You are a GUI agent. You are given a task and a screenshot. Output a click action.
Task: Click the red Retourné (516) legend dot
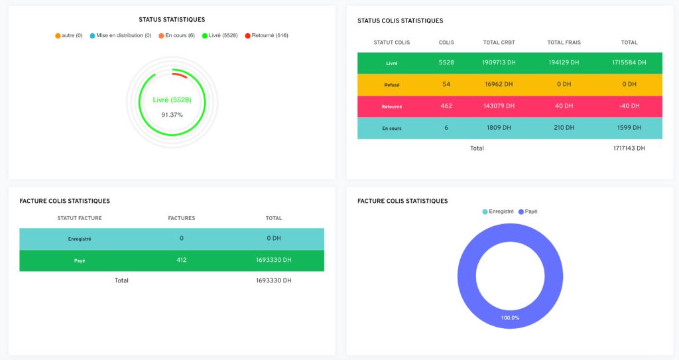[248, 36]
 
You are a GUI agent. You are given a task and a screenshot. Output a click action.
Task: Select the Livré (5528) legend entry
[220, 36]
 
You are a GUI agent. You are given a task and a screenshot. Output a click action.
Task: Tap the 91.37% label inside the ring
[172, 115]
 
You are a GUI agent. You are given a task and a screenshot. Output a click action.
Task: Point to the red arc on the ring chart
[180, 74]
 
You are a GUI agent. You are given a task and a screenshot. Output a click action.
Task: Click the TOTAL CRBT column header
[499, 42]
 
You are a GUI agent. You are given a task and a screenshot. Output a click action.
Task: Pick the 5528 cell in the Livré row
[446, 62]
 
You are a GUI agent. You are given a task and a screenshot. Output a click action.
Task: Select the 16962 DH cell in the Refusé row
[499, 84]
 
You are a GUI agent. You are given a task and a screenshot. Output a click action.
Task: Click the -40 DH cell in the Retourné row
[629, 106]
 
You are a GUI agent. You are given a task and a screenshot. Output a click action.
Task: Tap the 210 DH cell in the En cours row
[564, 128]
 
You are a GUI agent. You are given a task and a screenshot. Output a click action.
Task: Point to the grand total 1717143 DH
[629, 148]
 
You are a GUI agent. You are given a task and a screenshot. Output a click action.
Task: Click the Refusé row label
[391, 85]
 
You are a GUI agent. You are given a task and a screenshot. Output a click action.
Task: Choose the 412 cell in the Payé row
[182, 260]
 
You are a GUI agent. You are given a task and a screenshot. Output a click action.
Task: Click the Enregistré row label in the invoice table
[80, 239]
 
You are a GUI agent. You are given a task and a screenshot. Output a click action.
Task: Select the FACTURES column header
[182, 218]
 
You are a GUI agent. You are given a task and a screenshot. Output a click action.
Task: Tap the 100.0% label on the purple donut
[510, 318]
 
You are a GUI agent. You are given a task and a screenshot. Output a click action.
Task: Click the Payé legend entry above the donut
[528, 211]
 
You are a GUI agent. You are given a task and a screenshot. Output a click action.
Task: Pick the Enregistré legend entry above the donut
[498, 211]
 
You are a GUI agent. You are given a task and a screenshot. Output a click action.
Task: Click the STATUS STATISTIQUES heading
[172, 19]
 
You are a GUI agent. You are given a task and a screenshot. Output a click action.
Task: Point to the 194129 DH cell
[564, 62]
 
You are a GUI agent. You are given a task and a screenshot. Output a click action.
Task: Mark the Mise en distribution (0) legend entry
[121, 36]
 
